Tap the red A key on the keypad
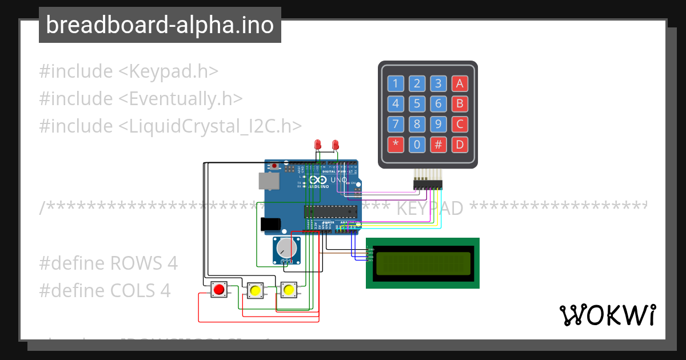click(x=459, y=84)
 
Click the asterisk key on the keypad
click(x=395, y=144)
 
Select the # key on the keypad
click(x=438, y=144)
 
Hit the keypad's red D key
click(x=459, y=144)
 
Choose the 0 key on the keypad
click(x=417, y=144)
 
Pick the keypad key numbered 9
click(x=438, y=124)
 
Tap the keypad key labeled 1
click(x=395, y=84)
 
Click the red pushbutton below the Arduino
click(x=218, y=290)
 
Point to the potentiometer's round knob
click(x=285, y=248)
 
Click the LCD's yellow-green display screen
click(x=423, y=263)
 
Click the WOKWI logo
click(x=607, y=315)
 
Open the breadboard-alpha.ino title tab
click(x=160, y=25)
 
